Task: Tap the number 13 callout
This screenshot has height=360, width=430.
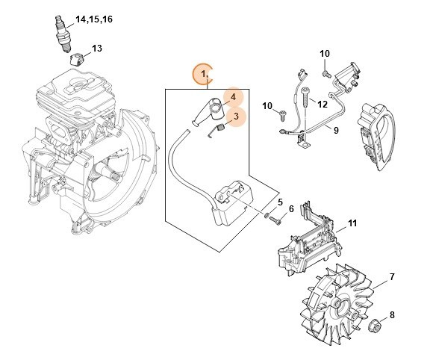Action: click(x=96, y=49)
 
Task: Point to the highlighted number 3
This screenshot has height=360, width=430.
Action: click(x=235, y=117)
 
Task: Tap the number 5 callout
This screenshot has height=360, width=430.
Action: click(x=280, y=202)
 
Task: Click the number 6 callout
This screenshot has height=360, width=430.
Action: click(x=291, y=217)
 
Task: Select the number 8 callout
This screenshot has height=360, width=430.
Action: click(x=393, y=316)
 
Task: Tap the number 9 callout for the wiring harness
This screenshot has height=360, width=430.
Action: click(x=335, y=130)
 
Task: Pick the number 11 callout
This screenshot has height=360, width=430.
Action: click(x=352, y=223)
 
